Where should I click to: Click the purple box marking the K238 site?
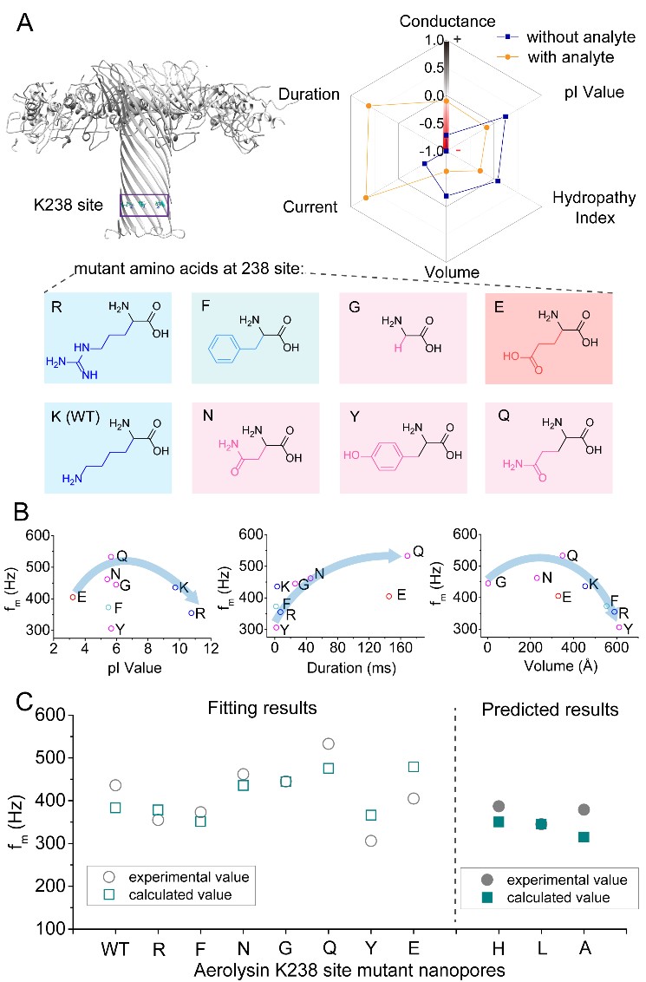pyautogui.click(x=144, y=206)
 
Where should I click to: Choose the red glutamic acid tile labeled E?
pyautogui.click(x=549, y=338)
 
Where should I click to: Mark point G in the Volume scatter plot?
pyautogui.click(x=488, y=583)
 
